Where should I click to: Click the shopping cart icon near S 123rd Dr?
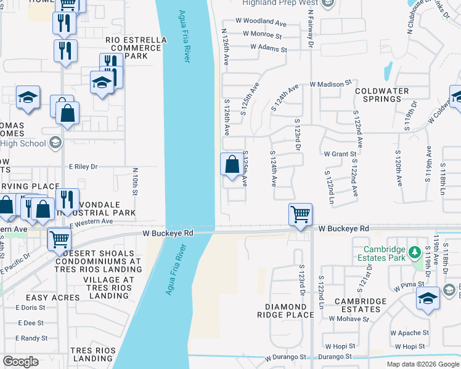click(300, 215)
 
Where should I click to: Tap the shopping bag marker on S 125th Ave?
click(232, 165)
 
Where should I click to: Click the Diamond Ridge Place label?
click(289, 311)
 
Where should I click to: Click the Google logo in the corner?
click(20, 362)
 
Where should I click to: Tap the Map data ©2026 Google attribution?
click(423, 364)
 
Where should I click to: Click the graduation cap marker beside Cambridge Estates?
click(428, 298)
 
